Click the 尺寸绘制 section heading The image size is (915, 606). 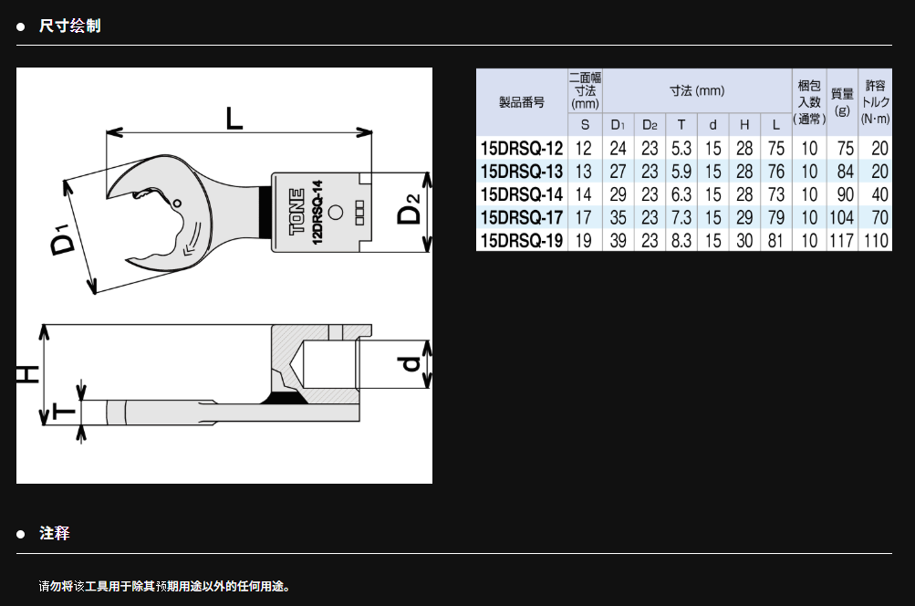(69, 26)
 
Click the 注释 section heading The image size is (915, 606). (54, 533)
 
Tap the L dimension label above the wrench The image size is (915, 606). (234, 119)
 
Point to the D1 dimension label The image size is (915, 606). (62, 238)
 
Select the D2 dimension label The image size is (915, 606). (409, 209)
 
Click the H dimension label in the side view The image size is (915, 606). (27, 373)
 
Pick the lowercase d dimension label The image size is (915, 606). (411, 363)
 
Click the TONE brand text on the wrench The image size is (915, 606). (297, 212)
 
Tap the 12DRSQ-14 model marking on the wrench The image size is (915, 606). (317, 212)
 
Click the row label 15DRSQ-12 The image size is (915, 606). (522, 148)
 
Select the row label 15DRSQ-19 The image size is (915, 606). (522, 240)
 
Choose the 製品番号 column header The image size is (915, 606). (522, 102)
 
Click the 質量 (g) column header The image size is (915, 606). (842, 101)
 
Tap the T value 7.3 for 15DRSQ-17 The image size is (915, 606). (681, 217)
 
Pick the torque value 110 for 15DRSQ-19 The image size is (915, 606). (876, 240)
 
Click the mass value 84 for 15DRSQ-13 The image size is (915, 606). (845, 172)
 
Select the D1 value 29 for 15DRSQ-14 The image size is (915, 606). (618, 194)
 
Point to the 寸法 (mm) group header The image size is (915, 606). (697, 90)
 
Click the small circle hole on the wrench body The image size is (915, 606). (336, 212)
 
